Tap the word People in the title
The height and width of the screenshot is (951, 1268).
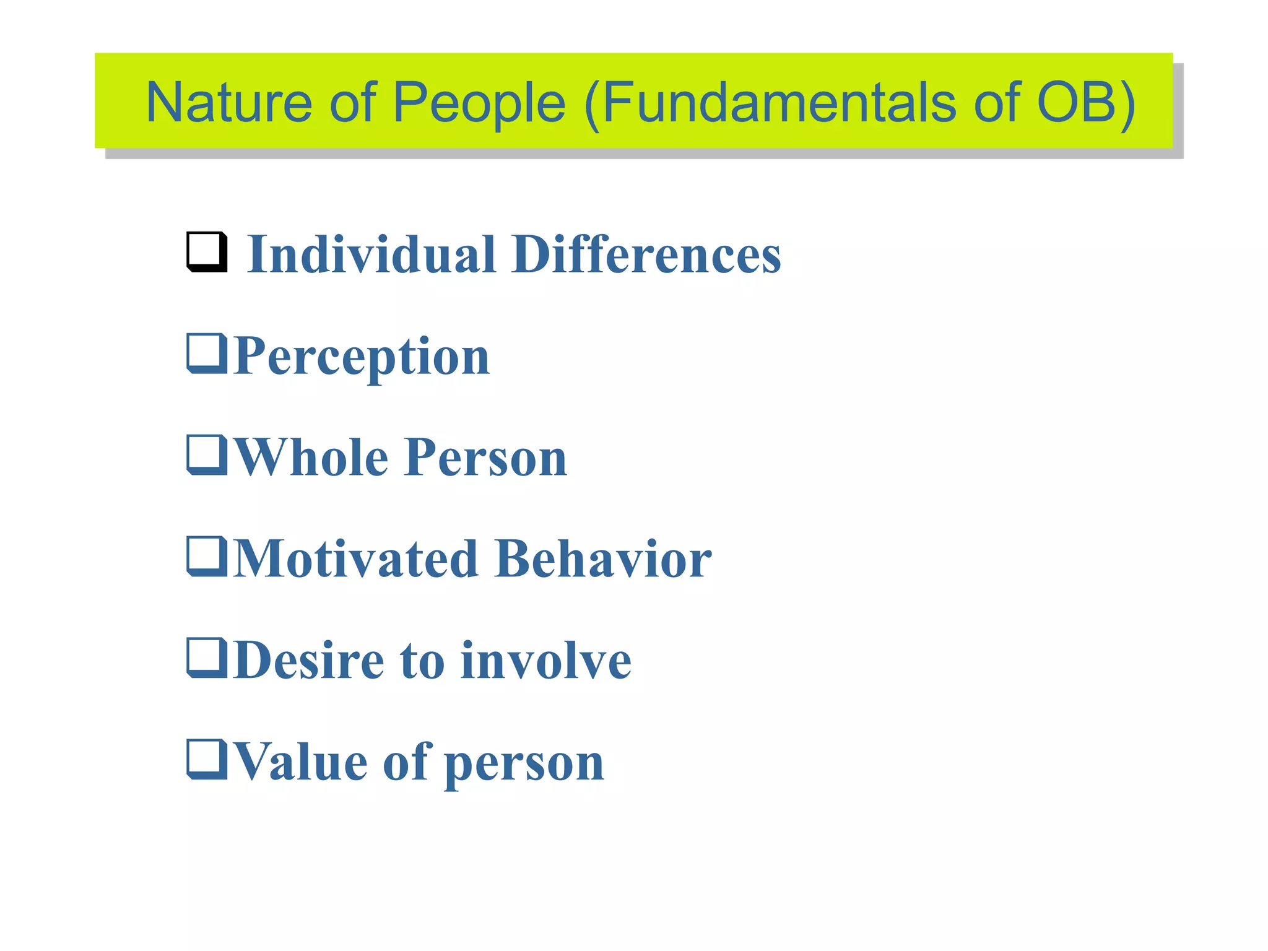[479, 103]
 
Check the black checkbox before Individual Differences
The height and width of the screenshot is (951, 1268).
[207, 251]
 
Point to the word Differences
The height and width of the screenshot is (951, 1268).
[646, 254]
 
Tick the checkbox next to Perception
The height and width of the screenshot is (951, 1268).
[207, 354]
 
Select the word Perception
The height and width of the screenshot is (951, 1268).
[362, 357]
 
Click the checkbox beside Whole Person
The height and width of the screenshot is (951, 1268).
[207, 455]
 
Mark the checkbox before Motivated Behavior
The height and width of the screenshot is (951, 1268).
[207, 557]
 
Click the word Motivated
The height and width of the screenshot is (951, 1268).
[357, 559]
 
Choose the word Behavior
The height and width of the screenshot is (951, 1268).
[604, 559]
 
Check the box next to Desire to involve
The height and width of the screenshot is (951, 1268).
[207, 658]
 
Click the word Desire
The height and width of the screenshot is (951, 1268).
[309, 661]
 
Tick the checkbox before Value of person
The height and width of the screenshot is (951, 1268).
[207, 760]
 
